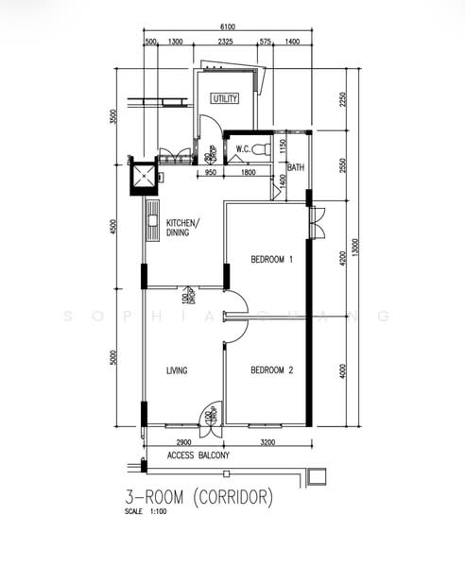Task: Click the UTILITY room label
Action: pyautogui.click(x=225, y=98)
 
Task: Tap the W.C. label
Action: pyautogui.click(x=243, y=148)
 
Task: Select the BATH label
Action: pyautogui.click(x=296, y=168)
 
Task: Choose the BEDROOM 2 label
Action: pyautogui.click(x=272, y=370)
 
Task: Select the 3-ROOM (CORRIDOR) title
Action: pyautogui.click(x=198, y=494)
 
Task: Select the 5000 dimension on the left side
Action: pyautogui.click(x=112, y=357)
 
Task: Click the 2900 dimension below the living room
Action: pyautogui.click(x=183, y=441)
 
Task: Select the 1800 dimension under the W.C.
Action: pyautogui.click(x=248, y=172)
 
